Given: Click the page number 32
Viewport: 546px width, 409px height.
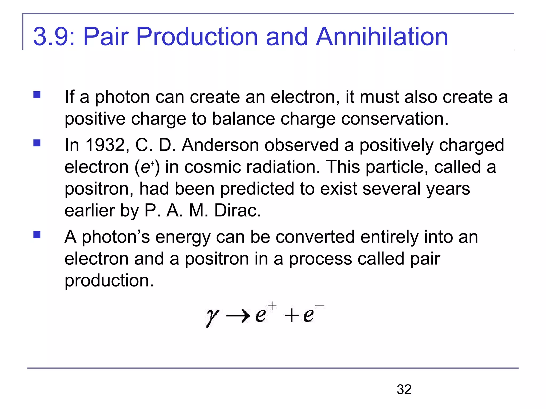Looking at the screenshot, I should [404, 389].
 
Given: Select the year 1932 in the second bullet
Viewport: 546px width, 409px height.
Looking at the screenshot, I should [105, 145].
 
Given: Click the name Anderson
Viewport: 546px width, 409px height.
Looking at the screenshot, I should [220, 145].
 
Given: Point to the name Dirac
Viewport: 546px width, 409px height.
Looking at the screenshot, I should [237, 211].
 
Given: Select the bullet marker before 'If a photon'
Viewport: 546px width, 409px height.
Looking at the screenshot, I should [37, 95].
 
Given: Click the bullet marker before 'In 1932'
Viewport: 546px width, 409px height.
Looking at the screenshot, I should [37, 143].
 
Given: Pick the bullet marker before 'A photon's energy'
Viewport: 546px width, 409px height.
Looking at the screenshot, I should [37, 235].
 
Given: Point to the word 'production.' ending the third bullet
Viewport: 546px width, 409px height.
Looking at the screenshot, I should [109, 280].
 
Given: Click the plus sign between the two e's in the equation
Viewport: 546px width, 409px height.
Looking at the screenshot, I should [292, 316].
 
